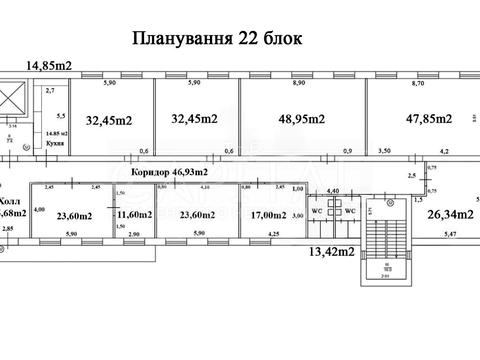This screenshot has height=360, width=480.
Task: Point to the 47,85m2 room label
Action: pos(426,119)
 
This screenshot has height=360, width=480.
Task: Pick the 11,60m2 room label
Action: pos(134,214)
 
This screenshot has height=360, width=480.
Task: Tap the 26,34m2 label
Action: pos(448,213)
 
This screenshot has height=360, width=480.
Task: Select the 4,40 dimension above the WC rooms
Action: pos(333,190)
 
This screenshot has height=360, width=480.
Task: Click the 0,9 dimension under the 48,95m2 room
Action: pos(346,151)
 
